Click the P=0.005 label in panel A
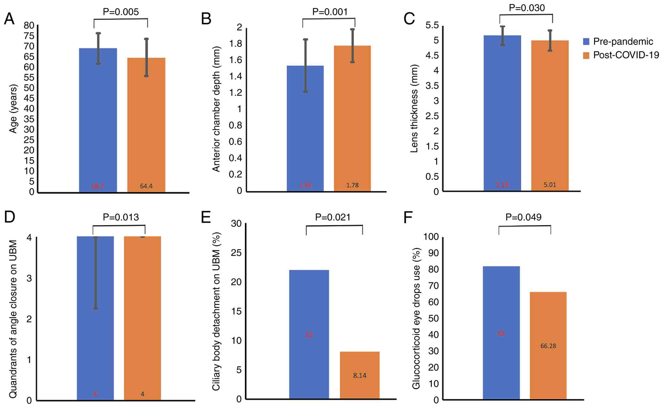(x=121, y=12)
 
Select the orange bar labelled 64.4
(x=146, y=124)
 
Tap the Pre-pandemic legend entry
(x=618, y=41)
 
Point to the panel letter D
(x=9, y=217)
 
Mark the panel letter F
(x=408, y=217)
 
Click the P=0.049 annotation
(x=523, y=217)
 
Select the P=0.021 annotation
(x=332, y=217)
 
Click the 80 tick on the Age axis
(x=29, y=25)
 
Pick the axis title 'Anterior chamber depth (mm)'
(x=216, y=109)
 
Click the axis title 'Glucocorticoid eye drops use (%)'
(x=416, y=318)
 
